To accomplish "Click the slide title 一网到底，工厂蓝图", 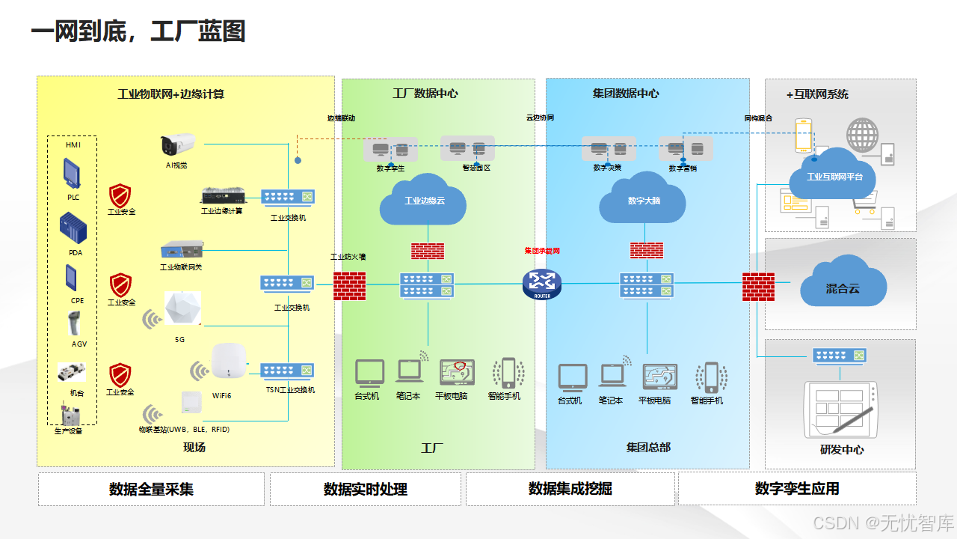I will pyautogui.click(x=138, y=32).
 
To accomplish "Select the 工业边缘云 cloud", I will pyautogui.click(x=423, y=200).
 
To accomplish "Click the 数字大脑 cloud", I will pyautogui.click(x=643, y=200).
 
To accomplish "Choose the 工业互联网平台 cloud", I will pyautogui.click(x=834, y=177).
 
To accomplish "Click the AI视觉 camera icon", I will pyautogui.click(x=177, y=144).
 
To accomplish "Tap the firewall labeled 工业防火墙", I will pyautogui.click(x=349, y=284).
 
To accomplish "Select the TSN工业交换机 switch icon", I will pyautogui.click(x=287, y=371).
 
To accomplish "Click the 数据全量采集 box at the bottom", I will pyautogui.click(x=151, y=489).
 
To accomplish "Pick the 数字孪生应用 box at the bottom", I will pyautogui.click(x=796, y=489).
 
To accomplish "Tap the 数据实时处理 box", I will pyautogui.click(x=365, y=489).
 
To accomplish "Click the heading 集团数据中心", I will pyautogui.click(x=626, y=94).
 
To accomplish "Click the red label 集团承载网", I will pyautogui.click(x=542, y=251).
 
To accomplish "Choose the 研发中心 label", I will pyautogui.click(x=841, y=450).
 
